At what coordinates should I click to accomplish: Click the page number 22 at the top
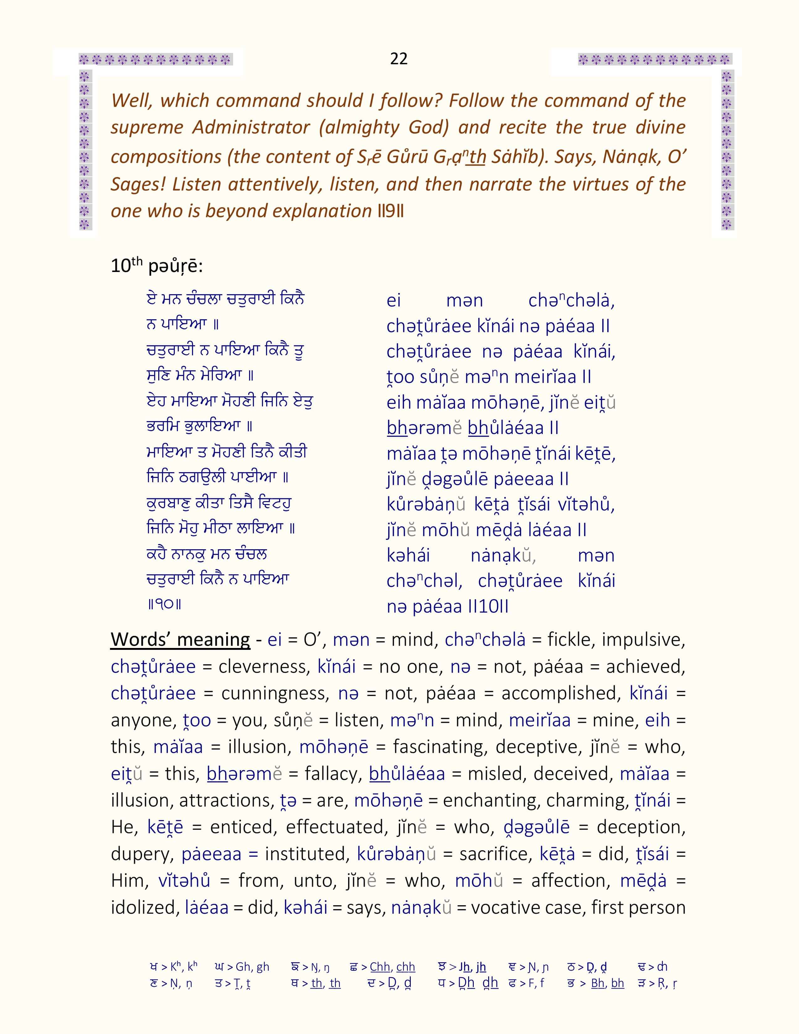pyautogui.click(x=399, y=59)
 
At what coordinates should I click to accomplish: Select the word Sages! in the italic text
pyautogui.click(x=137, y=184)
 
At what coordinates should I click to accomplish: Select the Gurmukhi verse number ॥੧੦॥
pyautogui.click(x=164, y=605)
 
